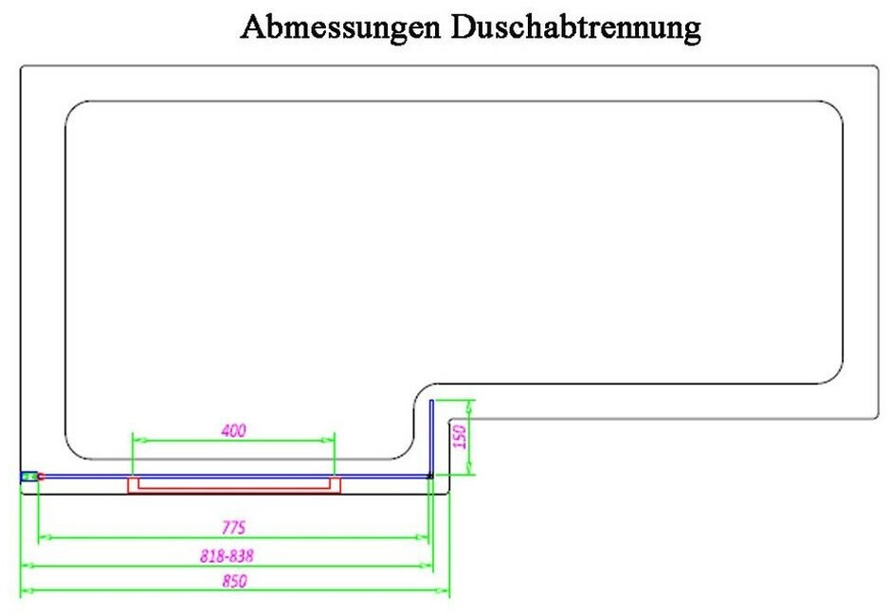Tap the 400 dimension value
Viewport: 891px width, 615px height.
click(233, 430)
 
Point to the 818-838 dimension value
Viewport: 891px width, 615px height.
click(227, 555)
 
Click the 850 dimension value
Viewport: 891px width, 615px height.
click(234, 582)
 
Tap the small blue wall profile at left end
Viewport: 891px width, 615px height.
click(30, 476)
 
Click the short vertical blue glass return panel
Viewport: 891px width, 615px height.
click(431, 436)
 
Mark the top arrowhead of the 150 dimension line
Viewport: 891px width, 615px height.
click(472, 404)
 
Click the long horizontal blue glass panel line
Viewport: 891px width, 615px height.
click(237, 476)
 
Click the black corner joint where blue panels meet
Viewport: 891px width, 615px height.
click(431, 476)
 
